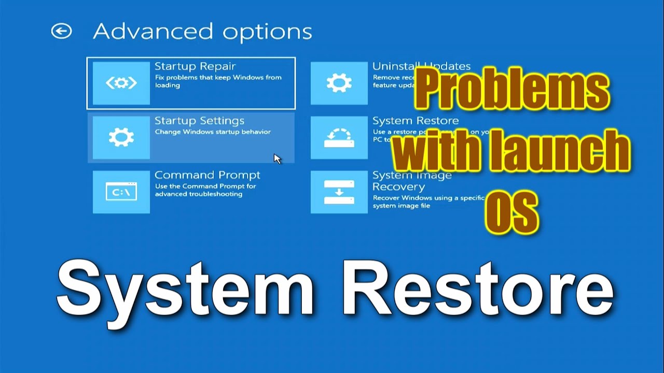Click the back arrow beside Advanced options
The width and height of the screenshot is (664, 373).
(61, 32)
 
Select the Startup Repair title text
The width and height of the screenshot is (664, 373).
(195, 66)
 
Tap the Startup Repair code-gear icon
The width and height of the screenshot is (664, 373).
(121, 83)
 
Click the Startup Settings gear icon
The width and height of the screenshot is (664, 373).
(121, 137)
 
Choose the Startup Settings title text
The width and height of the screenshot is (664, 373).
(199, 121)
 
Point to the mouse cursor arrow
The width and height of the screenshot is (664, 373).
(277, 159)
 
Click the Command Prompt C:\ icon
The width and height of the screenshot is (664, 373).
(121, 192)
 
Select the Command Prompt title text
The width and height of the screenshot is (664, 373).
(207, 175)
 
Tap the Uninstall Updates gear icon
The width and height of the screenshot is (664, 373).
(339, 83)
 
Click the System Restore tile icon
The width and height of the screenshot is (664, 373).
(339, 137)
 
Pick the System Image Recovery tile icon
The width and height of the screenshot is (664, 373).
(339, 192)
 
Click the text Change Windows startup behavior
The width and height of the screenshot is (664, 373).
(213, 132)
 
